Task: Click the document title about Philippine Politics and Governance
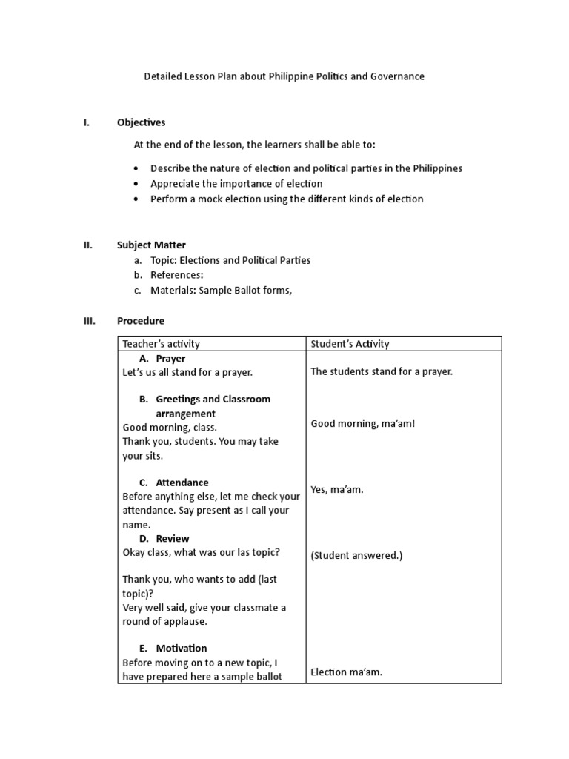(284, 76)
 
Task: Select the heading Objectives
(141, 122)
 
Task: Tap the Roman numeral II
(87, 245)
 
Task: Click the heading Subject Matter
(151, 245)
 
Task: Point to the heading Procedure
(141, 321)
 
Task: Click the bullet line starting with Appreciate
(236, 183)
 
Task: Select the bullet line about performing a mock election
(287, 199)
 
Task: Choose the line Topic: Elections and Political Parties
(230, 260)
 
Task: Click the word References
(176, 275)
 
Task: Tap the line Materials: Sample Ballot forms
(221, 291)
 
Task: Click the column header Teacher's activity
(161, 344)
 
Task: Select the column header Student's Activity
(350, 344)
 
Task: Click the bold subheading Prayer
(170, 359)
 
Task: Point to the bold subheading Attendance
(182, 483)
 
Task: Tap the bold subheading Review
(172, 538)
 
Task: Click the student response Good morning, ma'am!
(363, 423)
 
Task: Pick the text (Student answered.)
(356, 555)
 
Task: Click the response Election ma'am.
(346, 672)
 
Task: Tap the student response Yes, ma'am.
(337, 490)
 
